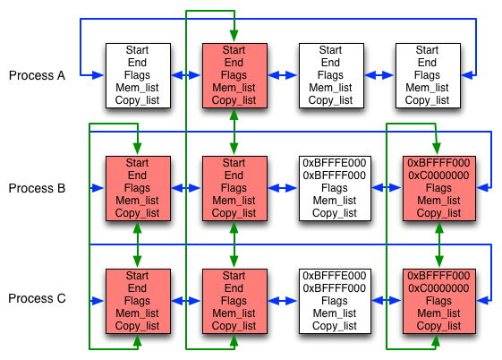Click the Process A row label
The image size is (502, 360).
37,75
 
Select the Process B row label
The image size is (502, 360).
37,188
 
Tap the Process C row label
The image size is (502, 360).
37,299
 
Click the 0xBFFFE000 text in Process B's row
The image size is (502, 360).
335,163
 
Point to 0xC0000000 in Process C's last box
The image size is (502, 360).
438,288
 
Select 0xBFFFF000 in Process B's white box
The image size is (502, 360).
335,176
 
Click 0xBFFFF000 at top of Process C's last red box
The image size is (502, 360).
438,276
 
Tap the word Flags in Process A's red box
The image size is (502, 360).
234,75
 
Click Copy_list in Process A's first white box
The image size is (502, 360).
137,100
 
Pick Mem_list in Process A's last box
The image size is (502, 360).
427,88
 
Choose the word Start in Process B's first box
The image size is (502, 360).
137,163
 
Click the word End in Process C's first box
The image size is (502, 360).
137,288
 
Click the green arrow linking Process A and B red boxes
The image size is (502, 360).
234,131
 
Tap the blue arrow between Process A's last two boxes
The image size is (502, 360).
379,75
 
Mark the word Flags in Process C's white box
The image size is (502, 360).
335,301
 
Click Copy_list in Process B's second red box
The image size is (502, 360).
234,213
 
